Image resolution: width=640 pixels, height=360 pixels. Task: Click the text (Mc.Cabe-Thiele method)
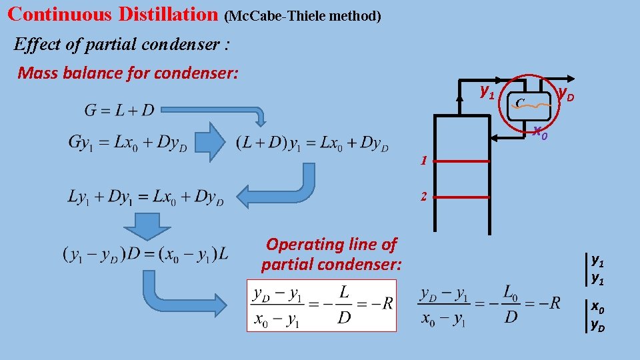[x=303, y=15]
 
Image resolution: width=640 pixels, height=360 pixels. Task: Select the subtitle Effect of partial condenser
[x=122, y=45]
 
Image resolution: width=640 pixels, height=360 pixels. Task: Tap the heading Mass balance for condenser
[x=127, y=73]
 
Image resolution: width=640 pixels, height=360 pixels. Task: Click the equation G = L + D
[x=119, y=109]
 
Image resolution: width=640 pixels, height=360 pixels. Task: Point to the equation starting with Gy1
[x=126, y=142]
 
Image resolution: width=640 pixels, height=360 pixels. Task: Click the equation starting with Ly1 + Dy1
[x=145, y=197]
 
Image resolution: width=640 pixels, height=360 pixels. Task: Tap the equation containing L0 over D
[x=490, y=305]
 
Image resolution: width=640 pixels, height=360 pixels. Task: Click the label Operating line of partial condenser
[x=331, y=255]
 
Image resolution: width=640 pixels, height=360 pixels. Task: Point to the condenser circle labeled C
[x=532, y=101]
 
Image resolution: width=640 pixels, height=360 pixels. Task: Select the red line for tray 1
[x=461, y=161]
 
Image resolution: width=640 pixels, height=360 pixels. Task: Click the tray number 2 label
[x=423, y=197]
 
